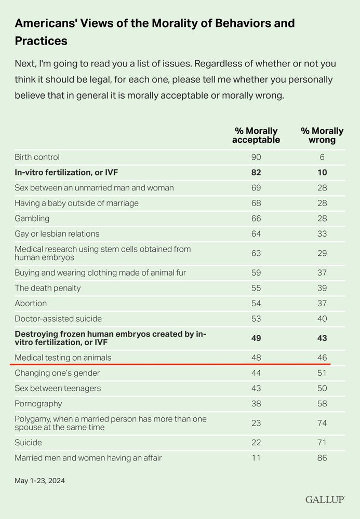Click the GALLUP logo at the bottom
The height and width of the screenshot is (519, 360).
325,499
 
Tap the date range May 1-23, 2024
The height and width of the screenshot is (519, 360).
40,481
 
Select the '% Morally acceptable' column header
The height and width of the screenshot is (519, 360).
256,135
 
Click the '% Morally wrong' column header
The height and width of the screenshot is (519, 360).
322,135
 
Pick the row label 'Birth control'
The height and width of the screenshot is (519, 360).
37,157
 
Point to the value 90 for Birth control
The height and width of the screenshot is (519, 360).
256,157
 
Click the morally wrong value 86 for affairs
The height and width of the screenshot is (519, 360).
322,458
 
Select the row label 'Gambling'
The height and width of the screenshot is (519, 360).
32,218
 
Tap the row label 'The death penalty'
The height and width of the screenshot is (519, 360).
48,288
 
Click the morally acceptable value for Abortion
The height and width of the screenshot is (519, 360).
256,303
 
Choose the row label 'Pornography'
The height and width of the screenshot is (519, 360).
38,404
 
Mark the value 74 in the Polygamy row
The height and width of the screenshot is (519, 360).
322,423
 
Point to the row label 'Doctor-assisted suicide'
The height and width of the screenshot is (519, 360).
58,319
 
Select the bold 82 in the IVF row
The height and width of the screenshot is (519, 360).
256,172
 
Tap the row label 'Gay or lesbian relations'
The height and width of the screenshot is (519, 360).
57,234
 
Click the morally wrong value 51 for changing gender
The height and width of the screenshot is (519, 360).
322,373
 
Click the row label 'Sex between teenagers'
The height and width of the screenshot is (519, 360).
58,388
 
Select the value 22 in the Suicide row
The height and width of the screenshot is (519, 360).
256,443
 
